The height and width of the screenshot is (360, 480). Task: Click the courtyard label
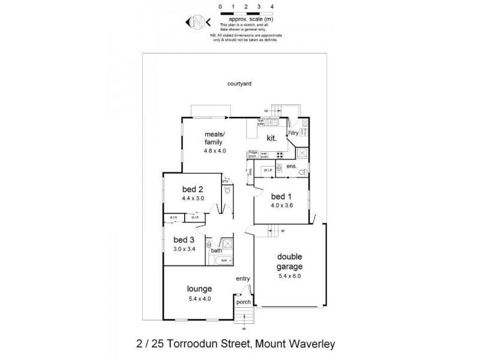pyautogui.click(x=239, y=84)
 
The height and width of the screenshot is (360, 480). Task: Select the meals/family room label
pyautogui.click(x=214, y=138)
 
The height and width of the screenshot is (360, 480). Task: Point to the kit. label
pyautogui.click(x=271, y=139)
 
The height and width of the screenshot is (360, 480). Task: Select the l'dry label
pyautogui.click(x=293, y=133)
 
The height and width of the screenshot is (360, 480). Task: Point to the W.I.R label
pyautogui.click(x=268, y=171)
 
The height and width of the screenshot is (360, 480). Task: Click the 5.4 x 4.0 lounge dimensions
pyautogui.click(x=199, y=298)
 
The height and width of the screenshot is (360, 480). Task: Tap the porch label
pyautogui.click(x=244, y=302)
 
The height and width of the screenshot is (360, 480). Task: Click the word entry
pyautogui.click(x=243, y=278)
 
